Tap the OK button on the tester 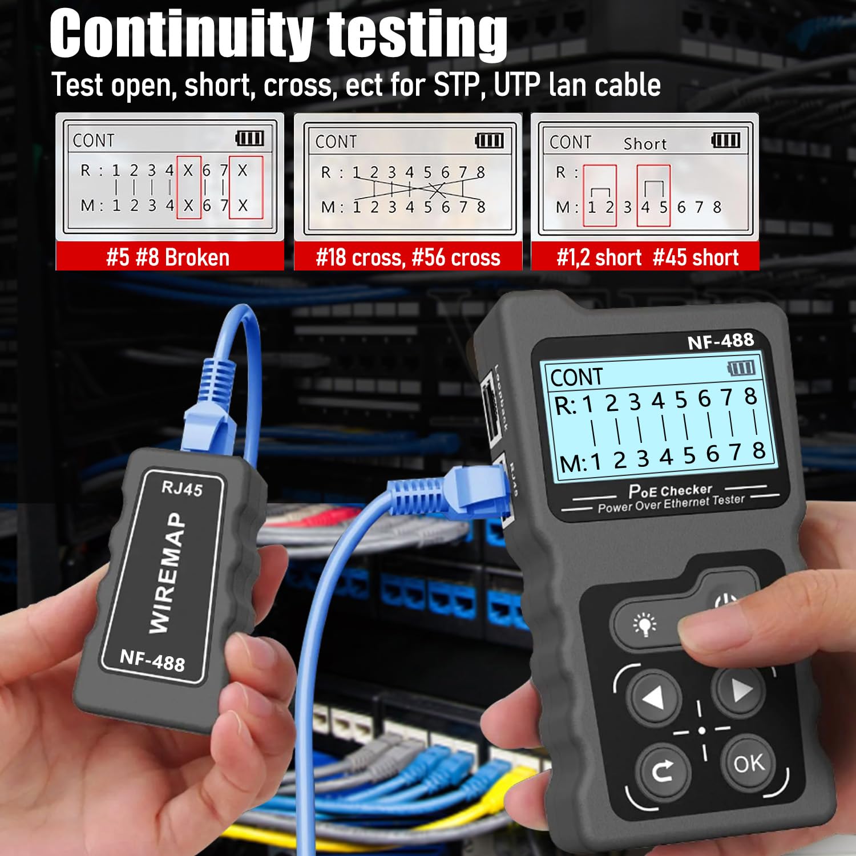point(749,763)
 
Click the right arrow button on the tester point(740,691)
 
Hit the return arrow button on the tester point(663,772)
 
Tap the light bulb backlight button point(645,624)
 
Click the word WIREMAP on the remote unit point(167,572)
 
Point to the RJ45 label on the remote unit point(181,488)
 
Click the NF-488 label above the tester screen point(720,341)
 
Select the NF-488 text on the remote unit point(152,660)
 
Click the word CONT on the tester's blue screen point(576,377)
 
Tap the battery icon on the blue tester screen point(742,368)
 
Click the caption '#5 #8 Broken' point(168,257)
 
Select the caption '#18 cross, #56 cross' point(408,257)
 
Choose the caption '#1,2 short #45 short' point(647,257)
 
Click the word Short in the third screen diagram point(645,144)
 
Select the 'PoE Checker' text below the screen point(670,490)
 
